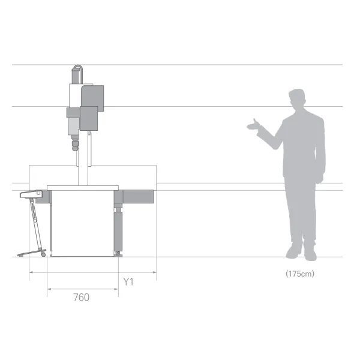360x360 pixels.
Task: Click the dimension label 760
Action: click(x=81, y=298)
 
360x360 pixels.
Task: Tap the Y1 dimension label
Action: click(x=128, y=282)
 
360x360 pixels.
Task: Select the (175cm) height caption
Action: click(x=300, y=274)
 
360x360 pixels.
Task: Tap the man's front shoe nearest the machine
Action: click(x=293, y=251)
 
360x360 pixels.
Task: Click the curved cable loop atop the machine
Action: click(x=77, y=68)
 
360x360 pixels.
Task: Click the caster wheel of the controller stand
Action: click(x=43, y=254)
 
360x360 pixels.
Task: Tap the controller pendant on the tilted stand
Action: click(x=31, y=194)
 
